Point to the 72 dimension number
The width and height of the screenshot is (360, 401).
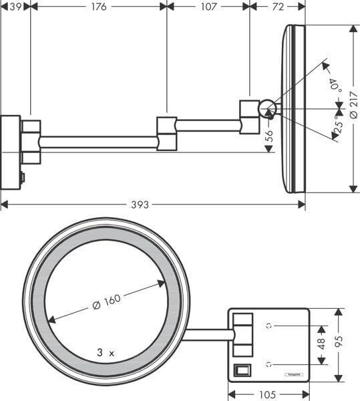click(x=277, y=7)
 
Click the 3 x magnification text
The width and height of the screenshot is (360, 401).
click(x=106, y=352)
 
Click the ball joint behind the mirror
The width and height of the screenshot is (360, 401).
click(x=267, y=107)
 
